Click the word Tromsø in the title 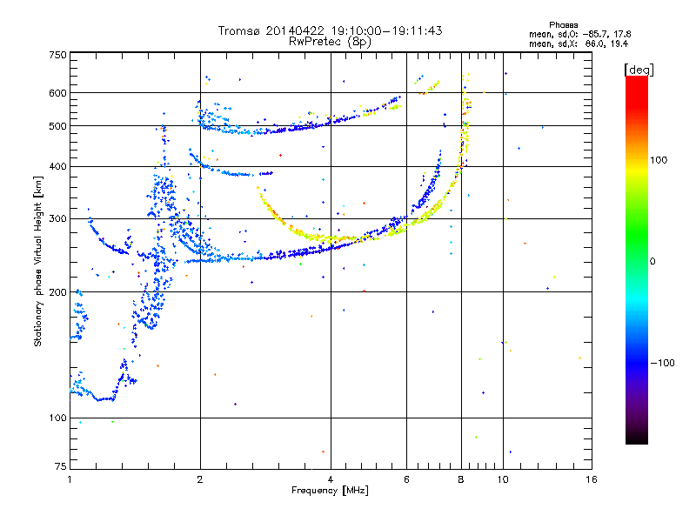click(240, 30)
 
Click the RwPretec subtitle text click(330, 42)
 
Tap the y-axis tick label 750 click(58, 55)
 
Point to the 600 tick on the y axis click(58, 93)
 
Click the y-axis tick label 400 click(58, 167)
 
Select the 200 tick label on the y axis click(58, 292)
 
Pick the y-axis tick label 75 click(61, 466)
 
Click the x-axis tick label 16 click(592, 479)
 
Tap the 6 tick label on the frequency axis click(406, 479)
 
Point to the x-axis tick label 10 click(503, 479)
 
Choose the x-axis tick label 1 click(70, 479)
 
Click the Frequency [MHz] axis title click(330, 491)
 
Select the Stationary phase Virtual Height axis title click(38, 261)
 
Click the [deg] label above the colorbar click(639, 70)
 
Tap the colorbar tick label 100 click(659, 160)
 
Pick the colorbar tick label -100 click(663, 363)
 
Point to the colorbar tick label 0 click(652, 262)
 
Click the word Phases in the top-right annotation click(563, 25)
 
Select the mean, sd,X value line click(579, 44)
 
